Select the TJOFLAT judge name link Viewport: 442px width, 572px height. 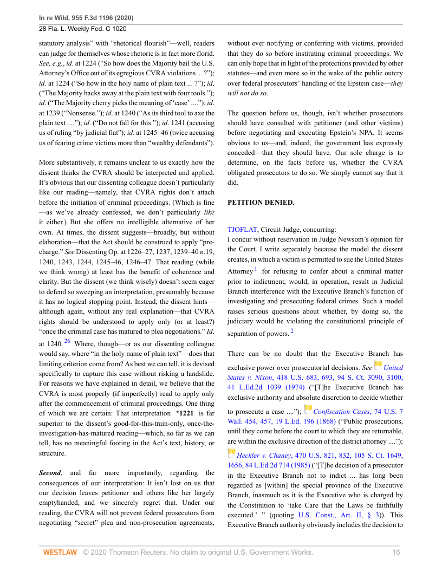pyautogui.click(x=244, y=230)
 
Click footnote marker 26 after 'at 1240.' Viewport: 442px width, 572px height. pyautogui.click(x=68, y=341)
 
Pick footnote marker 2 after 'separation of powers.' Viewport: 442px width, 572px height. pyautogui.click(x=292, y=331)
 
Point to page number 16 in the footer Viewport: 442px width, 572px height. pyautogui.click(x=396, y=552)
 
